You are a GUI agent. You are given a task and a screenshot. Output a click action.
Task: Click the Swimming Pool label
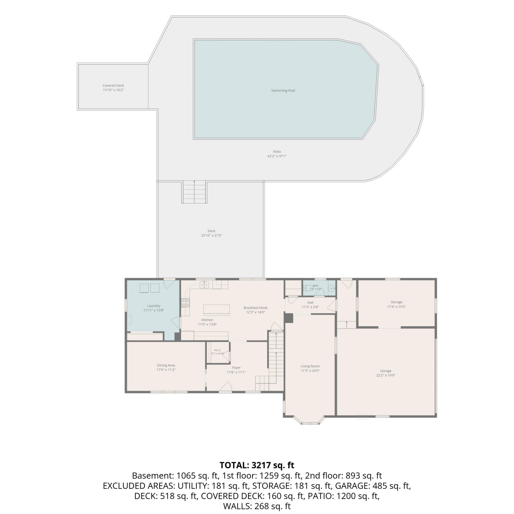tap(283, 90)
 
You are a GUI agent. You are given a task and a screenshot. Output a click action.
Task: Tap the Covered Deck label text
tap(113, 86)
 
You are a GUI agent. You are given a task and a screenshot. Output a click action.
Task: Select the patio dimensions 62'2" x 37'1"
tap(277, 156)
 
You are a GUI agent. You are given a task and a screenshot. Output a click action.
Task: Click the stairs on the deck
tap(194, 192)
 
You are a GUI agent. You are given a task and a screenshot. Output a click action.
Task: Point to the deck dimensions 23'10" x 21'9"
tap(211, 235)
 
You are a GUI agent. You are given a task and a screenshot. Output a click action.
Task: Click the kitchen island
tap(217, 310)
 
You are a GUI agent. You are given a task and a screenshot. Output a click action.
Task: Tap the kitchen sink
tap(205, 284)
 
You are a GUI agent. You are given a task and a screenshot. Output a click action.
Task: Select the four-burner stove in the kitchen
tap(185, 303)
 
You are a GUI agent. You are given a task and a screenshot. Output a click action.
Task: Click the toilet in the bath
tap(306, 289)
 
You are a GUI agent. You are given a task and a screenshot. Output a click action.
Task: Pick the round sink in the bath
tap(332, 289)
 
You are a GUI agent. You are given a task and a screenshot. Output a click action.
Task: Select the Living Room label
tap(310, 366)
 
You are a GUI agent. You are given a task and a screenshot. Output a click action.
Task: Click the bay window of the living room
tap(310, 421)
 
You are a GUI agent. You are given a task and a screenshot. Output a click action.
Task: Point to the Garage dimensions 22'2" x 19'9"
tap(386, 376)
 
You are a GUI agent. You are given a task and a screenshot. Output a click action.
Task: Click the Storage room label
tap(396, 302)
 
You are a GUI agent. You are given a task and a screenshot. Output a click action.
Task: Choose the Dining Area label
tap(166, 365)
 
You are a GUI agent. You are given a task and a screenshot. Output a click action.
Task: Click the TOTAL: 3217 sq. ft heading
tap(257, 465)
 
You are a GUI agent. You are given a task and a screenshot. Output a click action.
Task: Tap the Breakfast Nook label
tap(256, 308)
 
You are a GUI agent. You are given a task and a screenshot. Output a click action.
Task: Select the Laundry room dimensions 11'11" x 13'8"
tap(154, 310)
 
